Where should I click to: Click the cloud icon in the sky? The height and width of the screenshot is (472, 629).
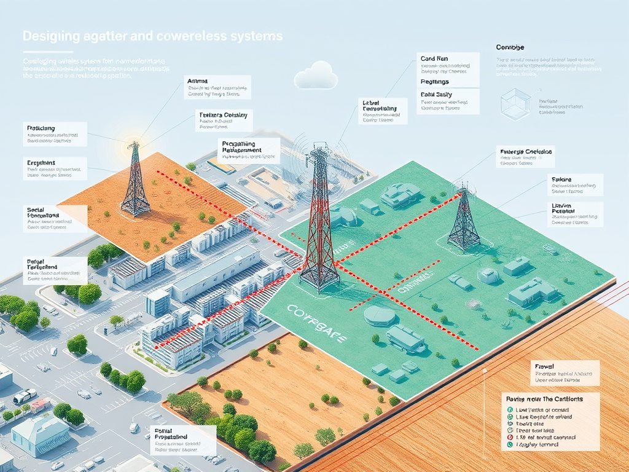coord(316,76)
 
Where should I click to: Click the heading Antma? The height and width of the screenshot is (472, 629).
coord(197,81)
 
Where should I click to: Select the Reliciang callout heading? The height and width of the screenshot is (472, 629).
coord(41,128)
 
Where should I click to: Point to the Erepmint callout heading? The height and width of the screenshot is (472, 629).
coord(41,162)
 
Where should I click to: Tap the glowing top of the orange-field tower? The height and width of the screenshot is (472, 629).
coord(133,142)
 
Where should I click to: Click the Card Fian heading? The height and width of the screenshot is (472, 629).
coord(434,59)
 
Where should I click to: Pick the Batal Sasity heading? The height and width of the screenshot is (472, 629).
coord(436,94)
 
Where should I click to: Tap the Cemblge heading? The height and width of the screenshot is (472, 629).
coord(510,47)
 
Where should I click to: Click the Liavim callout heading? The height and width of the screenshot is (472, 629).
coord(559,205)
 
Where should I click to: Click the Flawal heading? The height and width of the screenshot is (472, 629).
coord(544,366)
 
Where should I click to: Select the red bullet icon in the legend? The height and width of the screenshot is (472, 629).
coord(510,436)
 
